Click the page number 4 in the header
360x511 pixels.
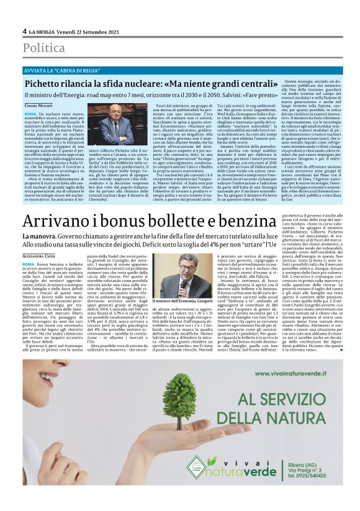click(x=24, y=30)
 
